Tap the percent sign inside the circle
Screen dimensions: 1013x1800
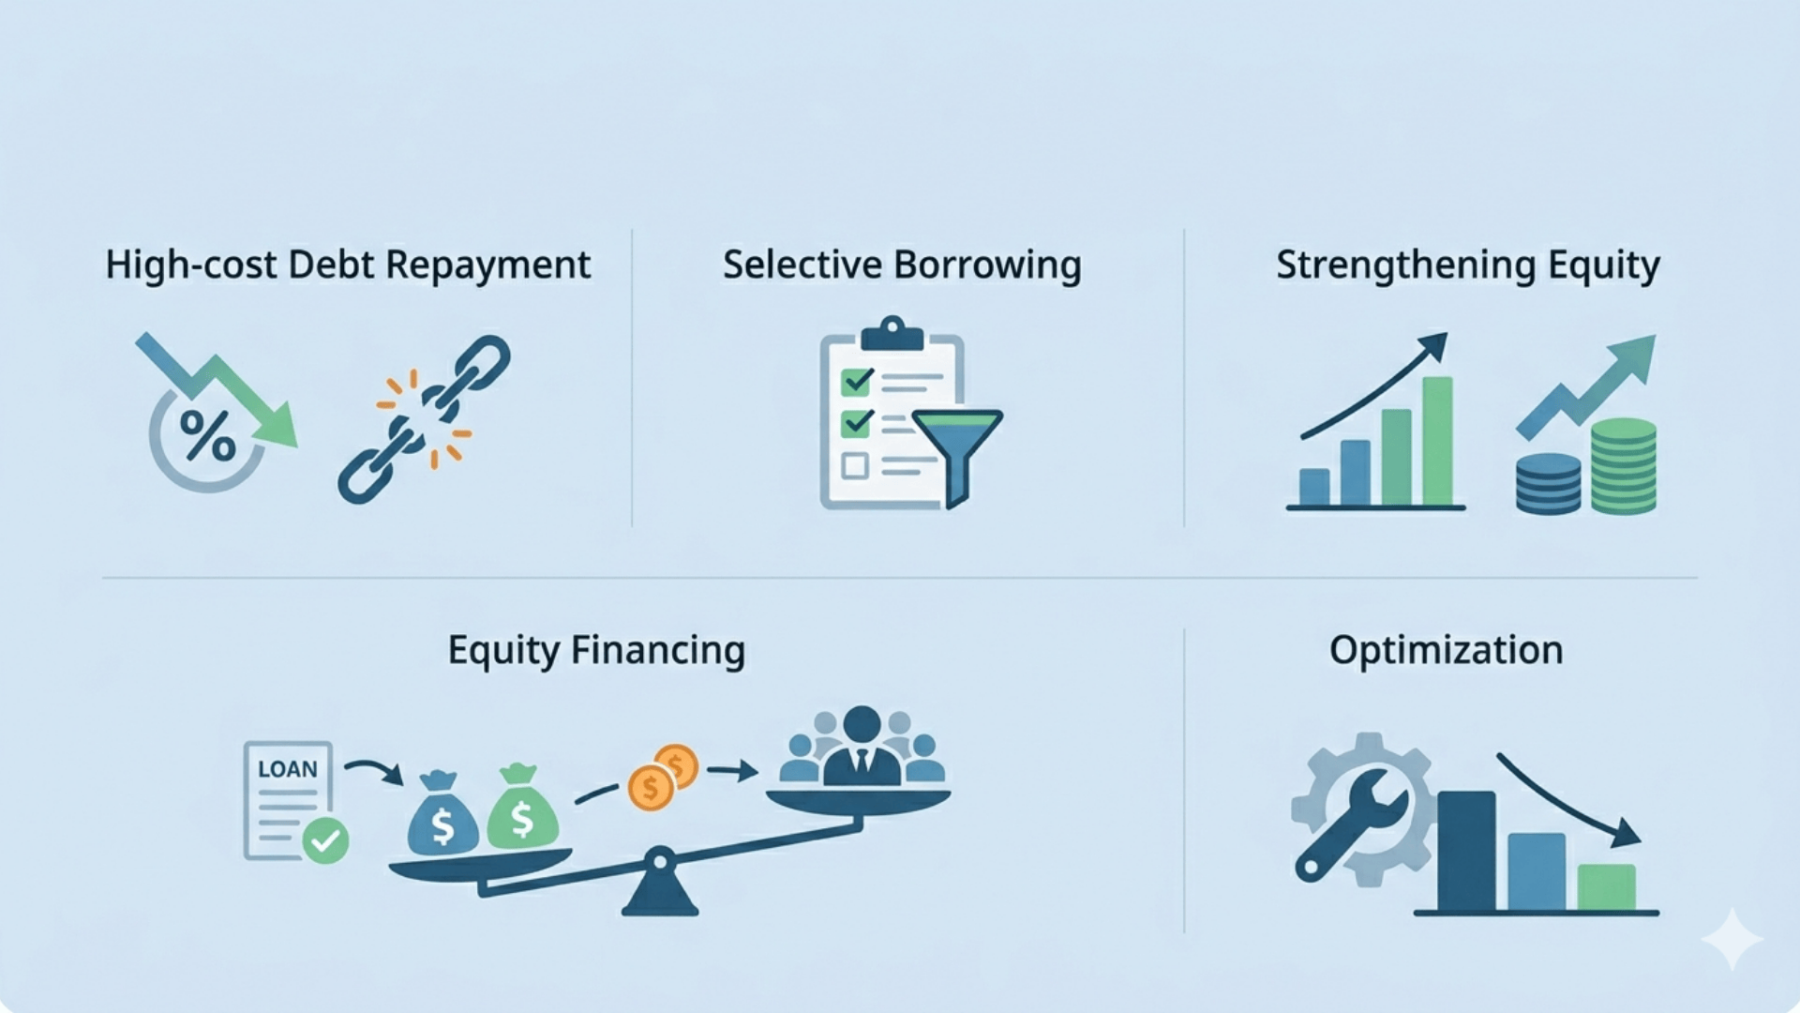207,435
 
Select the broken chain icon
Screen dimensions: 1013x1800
425,418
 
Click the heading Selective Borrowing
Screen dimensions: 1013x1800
901,265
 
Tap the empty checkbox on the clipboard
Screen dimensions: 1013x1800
854,465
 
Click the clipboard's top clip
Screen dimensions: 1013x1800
892,333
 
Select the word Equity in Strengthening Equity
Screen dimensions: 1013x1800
1603,265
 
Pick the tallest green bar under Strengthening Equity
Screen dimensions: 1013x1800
1437,441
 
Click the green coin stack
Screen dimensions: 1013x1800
1624,465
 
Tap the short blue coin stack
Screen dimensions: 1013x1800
1548,483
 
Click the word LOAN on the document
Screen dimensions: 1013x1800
288,769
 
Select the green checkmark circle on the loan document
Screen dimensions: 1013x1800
325,840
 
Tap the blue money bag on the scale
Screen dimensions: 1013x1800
442,816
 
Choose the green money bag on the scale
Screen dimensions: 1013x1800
522,809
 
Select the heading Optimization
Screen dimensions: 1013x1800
1446,650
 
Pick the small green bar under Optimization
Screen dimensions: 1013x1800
1606,886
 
